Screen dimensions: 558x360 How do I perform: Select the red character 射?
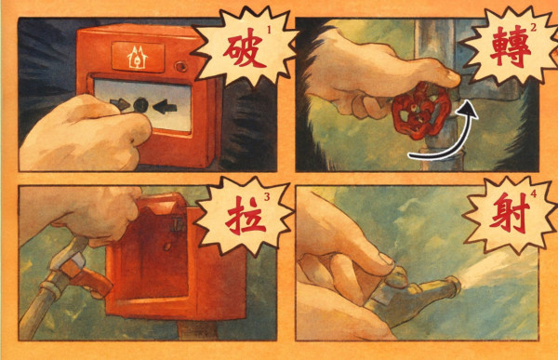click(510, 213)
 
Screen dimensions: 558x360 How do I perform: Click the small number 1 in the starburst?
click(269, 31)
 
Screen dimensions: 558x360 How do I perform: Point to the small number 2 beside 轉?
click(533, 28)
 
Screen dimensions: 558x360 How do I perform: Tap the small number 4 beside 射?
click(533, 194)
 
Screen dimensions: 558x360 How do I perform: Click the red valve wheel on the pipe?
click(421, 111)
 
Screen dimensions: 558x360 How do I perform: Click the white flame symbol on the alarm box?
click(138, 57)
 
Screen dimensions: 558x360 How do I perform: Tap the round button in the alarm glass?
click(140, 105)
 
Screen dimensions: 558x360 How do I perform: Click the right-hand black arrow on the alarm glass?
click(165, 106)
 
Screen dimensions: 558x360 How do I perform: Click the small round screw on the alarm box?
click(180, 66)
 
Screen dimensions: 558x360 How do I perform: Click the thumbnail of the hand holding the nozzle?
click(386, 259)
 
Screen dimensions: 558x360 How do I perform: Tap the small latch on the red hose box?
click(178, 225)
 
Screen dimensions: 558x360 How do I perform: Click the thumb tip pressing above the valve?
click(452, 77)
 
